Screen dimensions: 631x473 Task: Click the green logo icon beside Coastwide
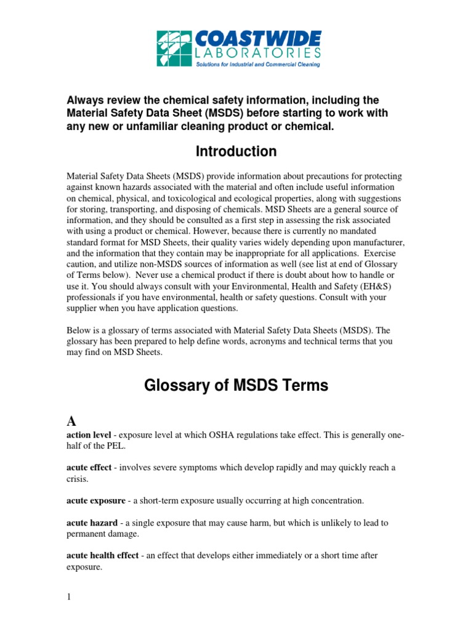pos(174,49)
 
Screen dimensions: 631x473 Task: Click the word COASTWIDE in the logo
pos(257,39)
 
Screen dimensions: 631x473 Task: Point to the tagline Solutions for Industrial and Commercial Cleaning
pos(257,64)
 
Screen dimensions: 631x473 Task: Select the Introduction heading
pos(236,151)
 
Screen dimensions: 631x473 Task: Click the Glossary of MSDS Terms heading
pos(236,386)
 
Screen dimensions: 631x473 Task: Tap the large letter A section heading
pos(71,421)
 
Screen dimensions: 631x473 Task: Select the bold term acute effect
pos(89,468)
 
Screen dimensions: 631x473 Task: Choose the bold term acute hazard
pos(91,523)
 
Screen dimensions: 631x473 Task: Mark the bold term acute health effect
pos(102,555)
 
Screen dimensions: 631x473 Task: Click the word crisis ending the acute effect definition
pos(77,479)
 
